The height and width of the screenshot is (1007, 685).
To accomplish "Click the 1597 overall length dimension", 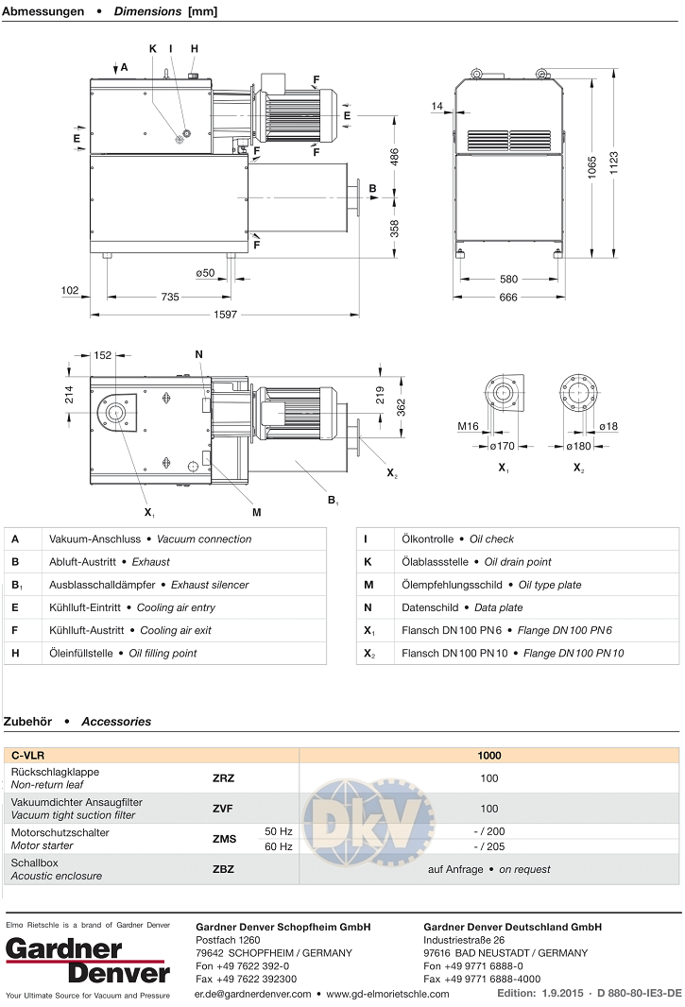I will [224, 314].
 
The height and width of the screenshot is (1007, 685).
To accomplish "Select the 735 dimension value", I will [170, 297].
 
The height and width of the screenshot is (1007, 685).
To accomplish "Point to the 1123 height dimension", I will [614, 167].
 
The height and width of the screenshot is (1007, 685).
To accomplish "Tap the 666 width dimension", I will [509, 297].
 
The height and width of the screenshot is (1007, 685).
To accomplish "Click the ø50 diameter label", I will [206, 273].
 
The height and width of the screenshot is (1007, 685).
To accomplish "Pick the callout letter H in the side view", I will [195, 48].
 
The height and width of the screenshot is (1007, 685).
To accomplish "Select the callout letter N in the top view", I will [199, 354].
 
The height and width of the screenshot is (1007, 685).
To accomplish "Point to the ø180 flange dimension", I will [579, 445].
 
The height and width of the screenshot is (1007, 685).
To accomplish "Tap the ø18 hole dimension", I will [608, 427].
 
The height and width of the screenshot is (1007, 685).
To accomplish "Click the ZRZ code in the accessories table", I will [223, 778].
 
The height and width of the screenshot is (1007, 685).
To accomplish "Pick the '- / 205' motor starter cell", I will [488, 846].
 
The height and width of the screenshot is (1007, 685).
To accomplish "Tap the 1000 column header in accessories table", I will [488, 756].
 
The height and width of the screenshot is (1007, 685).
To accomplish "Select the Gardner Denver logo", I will [88, 960].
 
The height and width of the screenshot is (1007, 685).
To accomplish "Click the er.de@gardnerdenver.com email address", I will [252, 994].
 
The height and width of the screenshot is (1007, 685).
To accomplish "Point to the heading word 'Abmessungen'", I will [43, 12].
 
